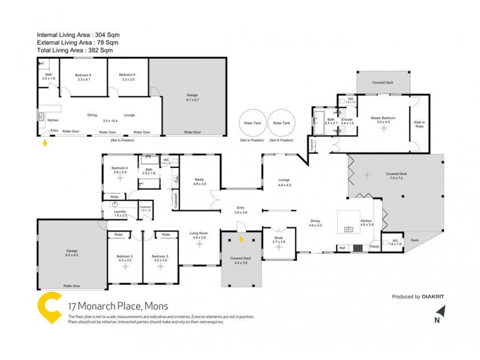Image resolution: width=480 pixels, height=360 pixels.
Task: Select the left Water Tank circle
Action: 253,124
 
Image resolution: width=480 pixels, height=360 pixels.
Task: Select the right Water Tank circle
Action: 282,124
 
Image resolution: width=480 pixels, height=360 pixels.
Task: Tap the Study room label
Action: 279,239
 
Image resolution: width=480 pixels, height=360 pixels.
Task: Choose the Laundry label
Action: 121,212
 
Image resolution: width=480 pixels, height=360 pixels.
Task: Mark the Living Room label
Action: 199,235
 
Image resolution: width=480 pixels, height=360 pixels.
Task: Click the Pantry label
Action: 374,247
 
